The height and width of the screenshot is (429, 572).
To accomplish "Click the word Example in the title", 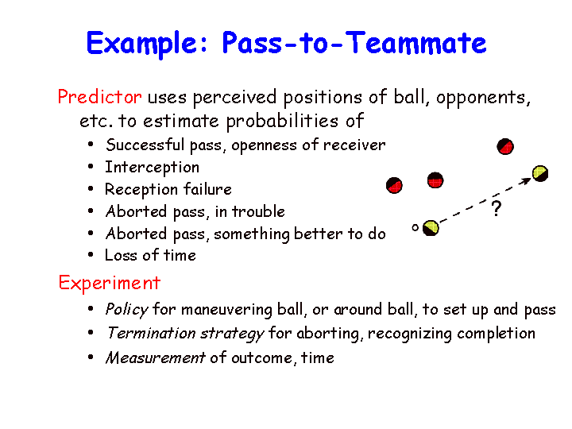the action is (147, 44).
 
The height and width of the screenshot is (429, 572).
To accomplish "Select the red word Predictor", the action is (99, 97).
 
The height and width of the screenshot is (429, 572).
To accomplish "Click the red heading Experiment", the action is (110, 284).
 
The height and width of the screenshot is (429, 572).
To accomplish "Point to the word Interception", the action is (152, 168).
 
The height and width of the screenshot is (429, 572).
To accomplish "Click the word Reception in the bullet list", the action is (141, 190).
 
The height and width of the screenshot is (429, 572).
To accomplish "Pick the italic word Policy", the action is (126, 310).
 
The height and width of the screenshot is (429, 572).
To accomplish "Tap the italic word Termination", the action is (152, 334).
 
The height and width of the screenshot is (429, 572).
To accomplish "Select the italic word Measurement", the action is (156, 357).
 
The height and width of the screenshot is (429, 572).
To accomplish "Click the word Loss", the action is (120, 255).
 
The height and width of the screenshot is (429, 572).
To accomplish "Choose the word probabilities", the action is (282, 122).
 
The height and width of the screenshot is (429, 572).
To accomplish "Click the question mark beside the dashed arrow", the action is (497, 209).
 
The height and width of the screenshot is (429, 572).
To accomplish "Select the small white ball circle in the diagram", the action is (415, 228).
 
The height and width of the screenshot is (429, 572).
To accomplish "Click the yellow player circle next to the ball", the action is (431, 228).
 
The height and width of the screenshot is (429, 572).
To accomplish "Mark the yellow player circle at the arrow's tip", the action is (540, 173).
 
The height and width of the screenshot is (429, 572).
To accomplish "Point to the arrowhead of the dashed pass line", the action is (528, 180).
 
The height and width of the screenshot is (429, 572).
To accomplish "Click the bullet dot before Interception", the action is (91, 167).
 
